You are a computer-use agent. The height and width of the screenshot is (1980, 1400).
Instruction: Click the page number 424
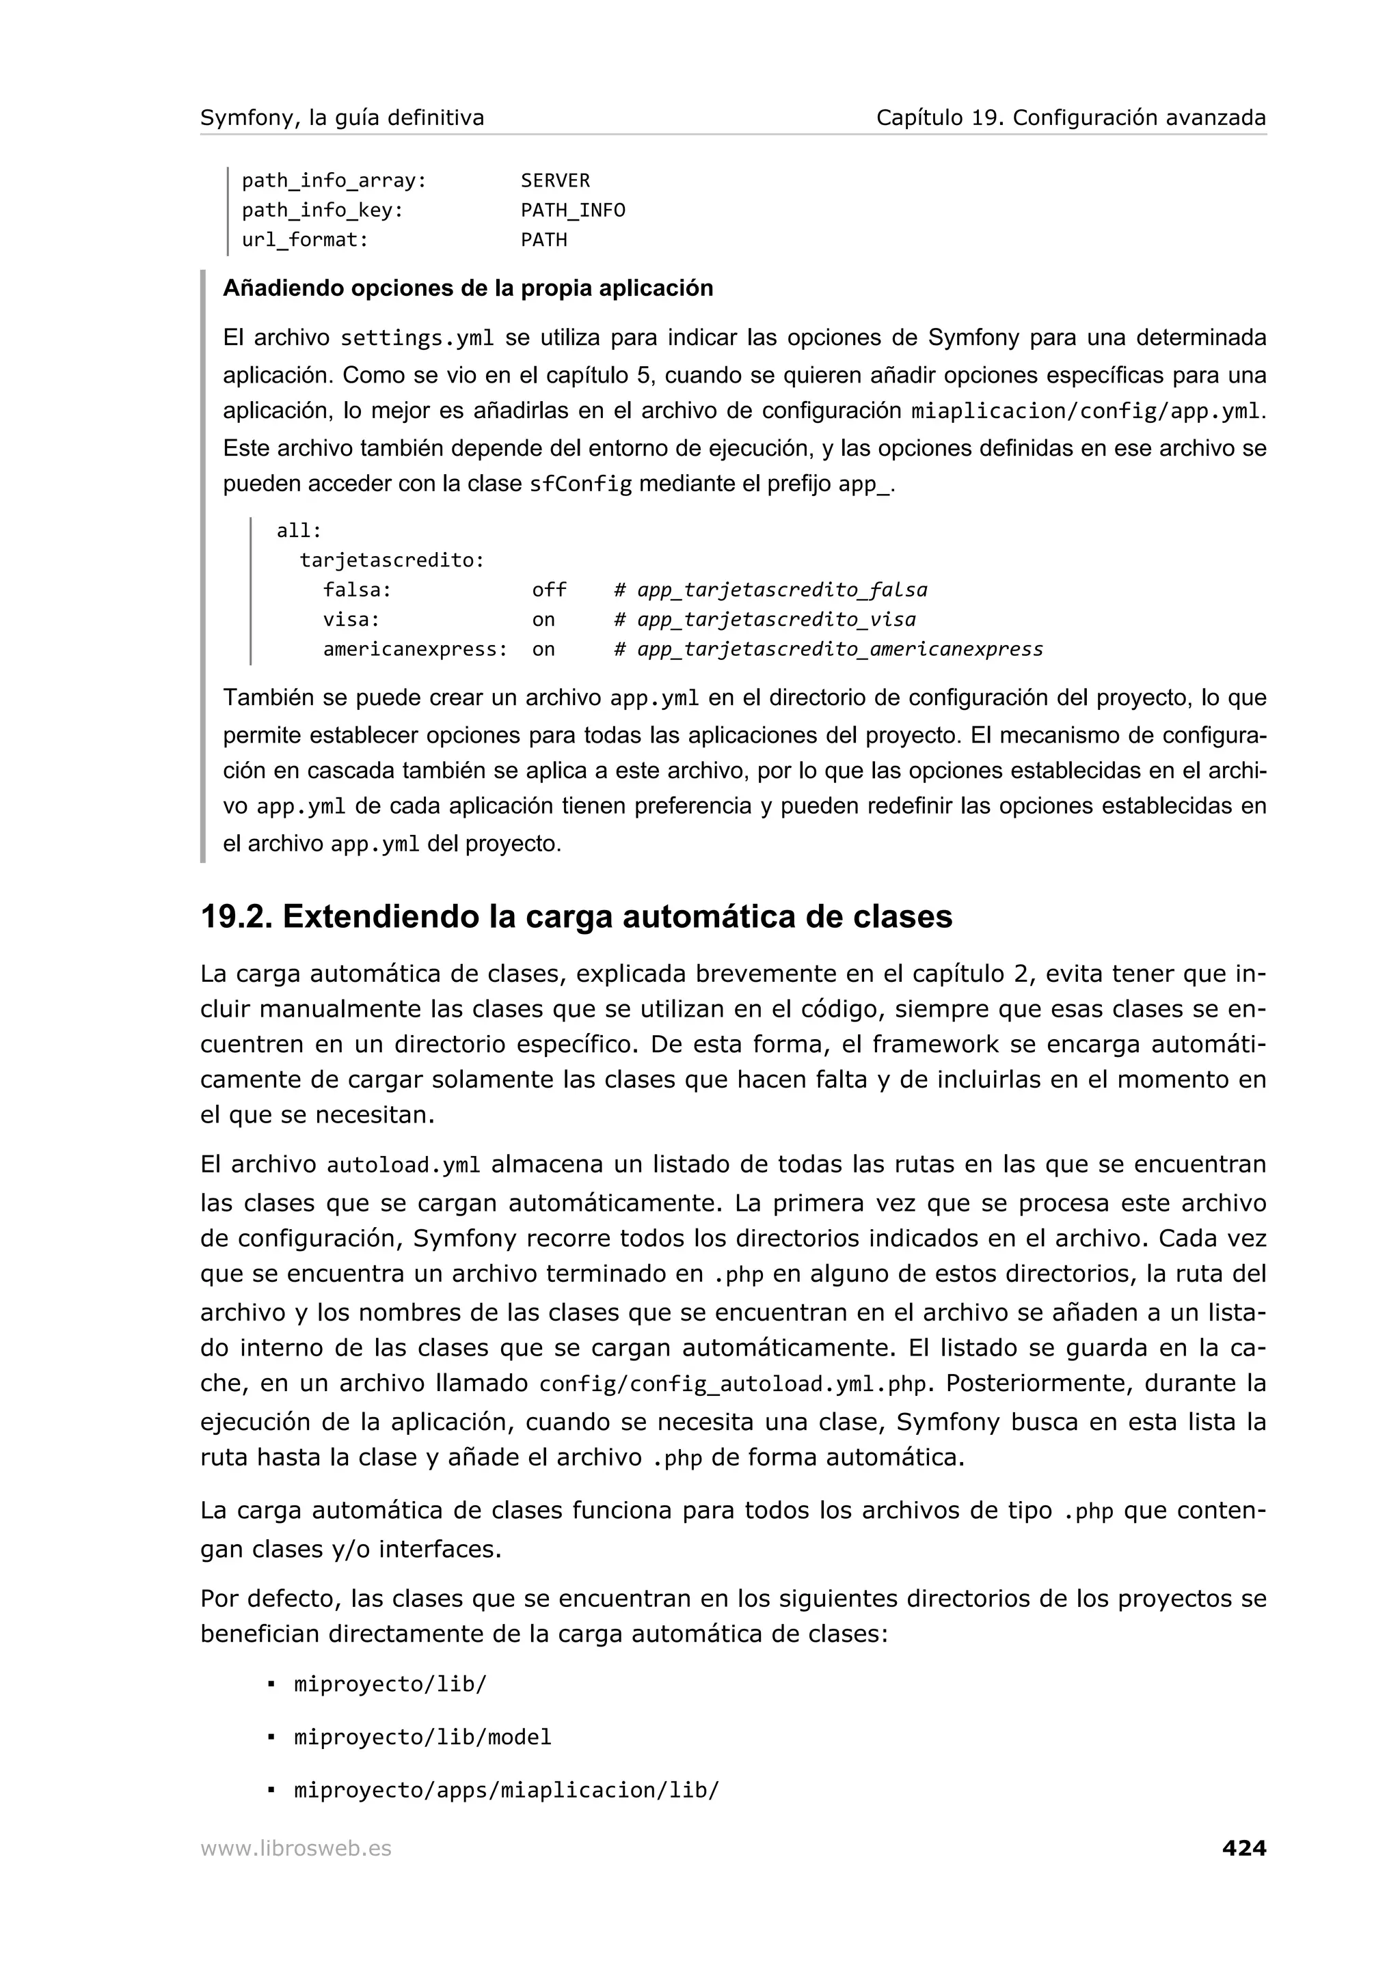1243,1848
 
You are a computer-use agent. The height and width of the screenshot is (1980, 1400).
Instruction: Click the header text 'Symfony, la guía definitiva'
342,118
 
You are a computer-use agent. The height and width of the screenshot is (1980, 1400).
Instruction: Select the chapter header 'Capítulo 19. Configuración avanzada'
1071,118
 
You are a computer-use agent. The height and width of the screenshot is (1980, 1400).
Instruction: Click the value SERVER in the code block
554,180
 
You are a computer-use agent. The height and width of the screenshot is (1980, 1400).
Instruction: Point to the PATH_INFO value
573,210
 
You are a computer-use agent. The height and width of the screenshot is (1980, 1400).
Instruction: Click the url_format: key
304,240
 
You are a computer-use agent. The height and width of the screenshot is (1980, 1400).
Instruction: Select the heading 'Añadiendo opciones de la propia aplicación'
468,288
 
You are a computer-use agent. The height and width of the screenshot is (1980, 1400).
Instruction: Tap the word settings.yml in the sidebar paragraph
418,338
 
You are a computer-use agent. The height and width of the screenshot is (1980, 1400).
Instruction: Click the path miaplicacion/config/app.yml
1085,411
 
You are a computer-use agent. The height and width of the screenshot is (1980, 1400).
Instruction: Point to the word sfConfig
580,484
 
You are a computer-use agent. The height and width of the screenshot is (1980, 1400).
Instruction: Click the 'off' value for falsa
549,590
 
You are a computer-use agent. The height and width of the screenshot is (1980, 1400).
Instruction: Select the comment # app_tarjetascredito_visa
764,619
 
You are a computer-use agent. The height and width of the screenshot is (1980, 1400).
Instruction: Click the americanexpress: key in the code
415,649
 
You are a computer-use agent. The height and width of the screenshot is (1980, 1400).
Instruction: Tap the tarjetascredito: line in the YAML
392,560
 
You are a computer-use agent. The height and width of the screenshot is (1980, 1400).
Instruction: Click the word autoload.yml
403,1166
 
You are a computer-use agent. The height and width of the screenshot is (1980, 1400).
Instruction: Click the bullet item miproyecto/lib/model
422,1737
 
